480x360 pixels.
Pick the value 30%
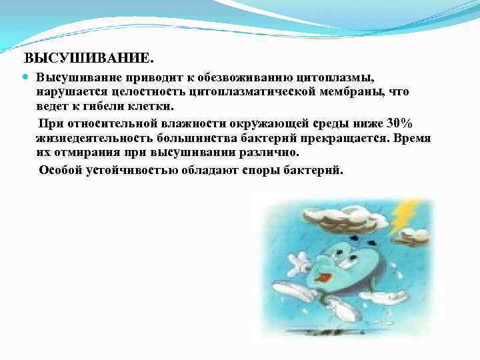point(400,123)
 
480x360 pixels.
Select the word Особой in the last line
point(61,169)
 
